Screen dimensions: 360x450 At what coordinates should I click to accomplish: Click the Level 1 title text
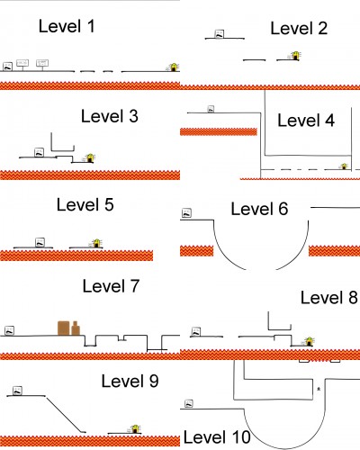coord(67,26)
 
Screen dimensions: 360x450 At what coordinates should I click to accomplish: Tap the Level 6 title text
coord(259,209)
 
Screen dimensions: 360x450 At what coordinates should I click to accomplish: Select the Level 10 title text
coord(217,437)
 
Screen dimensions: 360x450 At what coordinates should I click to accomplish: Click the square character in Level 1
coord(7,67)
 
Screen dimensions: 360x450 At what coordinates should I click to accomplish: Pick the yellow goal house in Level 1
coord(173,67)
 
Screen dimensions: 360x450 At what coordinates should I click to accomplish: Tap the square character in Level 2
coord(219,34)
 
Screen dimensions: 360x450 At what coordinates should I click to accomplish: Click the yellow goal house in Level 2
coord(295,56)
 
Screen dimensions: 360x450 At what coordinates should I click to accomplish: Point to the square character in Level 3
coord(39,152)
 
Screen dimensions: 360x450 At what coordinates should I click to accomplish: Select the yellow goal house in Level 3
coord(89,157)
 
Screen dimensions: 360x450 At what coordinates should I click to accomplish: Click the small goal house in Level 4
coord(344,166)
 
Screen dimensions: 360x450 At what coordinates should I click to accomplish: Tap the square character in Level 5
coord(40,242)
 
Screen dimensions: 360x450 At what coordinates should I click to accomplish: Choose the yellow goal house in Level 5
coord(96,243)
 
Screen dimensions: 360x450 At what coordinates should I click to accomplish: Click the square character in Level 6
coord(186,213)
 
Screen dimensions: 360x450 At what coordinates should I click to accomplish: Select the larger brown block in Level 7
coord(64,328)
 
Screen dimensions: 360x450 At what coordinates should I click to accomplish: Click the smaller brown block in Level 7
coord(76,328)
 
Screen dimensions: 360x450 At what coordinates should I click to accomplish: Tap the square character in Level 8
coord(196,331)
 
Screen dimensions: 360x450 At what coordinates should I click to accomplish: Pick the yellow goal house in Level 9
coord(135,429)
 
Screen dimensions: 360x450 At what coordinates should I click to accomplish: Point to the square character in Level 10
coord(189,404)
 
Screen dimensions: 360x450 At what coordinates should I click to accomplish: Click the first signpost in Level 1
coord(22,65)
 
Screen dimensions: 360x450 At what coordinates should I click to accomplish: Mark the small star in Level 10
coord(319,389)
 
